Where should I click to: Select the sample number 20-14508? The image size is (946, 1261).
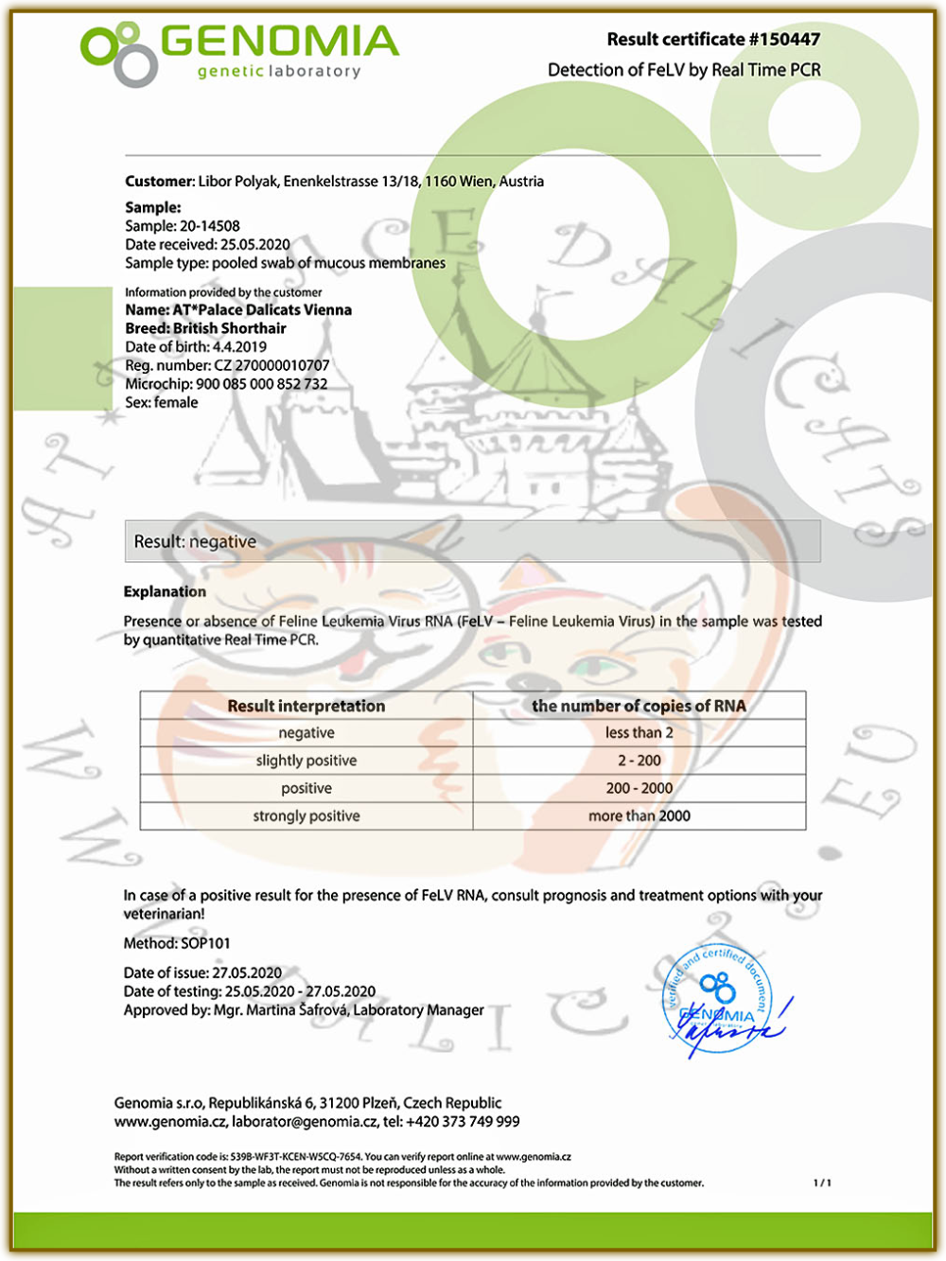210,226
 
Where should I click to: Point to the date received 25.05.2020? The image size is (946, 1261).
255,244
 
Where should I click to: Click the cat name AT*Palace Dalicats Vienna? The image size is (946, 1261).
262,309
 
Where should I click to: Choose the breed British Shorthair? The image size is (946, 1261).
230,328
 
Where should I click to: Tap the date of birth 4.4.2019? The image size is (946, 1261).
239,346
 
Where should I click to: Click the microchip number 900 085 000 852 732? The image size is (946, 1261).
262,384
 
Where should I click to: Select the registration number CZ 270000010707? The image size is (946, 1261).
272,365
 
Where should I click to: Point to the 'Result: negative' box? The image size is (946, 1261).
472,542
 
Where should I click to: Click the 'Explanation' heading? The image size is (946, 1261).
165,591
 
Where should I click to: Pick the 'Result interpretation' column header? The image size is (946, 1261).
307,706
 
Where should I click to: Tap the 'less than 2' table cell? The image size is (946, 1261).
639,733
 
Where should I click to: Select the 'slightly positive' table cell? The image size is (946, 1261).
307,761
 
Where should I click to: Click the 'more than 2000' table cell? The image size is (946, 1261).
639,815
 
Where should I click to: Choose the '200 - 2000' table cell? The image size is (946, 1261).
639,788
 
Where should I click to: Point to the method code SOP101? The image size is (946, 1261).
205,943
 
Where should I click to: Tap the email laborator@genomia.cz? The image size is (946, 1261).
305,1122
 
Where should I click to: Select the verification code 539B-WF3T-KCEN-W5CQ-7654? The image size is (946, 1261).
295,1156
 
